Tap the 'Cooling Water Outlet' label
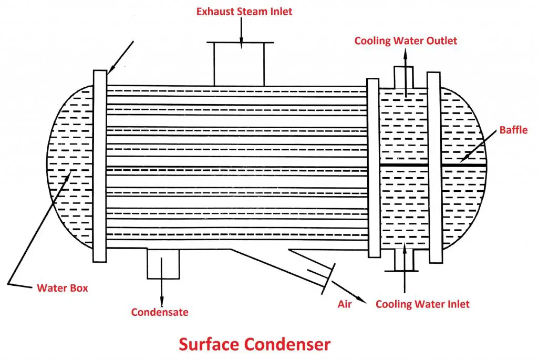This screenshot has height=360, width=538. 406,41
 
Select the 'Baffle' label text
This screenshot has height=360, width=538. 513,130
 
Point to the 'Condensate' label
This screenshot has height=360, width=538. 160,312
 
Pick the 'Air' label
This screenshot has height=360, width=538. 345,304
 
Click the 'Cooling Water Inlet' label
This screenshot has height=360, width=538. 422,304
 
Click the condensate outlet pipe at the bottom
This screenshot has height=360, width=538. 162,263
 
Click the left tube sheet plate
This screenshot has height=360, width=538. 100,166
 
